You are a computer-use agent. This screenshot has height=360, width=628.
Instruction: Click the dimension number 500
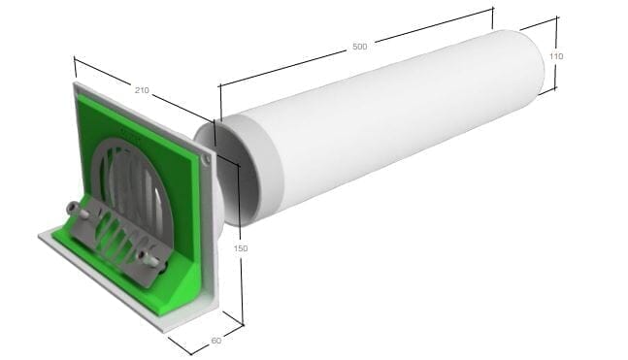pyautogui.click(x=360, y=48)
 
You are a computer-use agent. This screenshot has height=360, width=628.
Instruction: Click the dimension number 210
pyautogui.click(x=142, y=89)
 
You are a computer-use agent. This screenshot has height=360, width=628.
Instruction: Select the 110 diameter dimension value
pyautogui.click(x=555, y=57)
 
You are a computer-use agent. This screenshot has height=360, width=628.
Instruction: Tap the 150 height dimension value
pyautogui.click(x=241, y=248)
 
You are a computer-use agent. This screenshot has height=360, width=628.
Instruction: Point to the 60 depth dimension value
pyautogui.click(x=215, y=340)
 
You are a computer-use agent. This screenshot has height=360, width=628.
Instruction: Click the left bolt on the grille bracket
pyautogui.click(x=74, y=210)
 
